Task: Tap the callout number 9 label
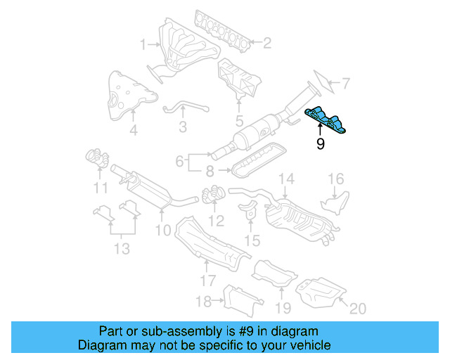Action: click(320, 145)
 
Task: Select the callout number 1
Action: click(143, 44)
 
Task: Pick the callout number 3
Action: click(182, 127)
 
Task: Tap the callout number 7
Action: click(345, 84)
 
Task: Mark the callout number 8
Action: click(210, 170)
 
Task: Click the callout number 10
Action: click(162, 230)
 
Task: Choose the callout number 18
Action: click(203, 302)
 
